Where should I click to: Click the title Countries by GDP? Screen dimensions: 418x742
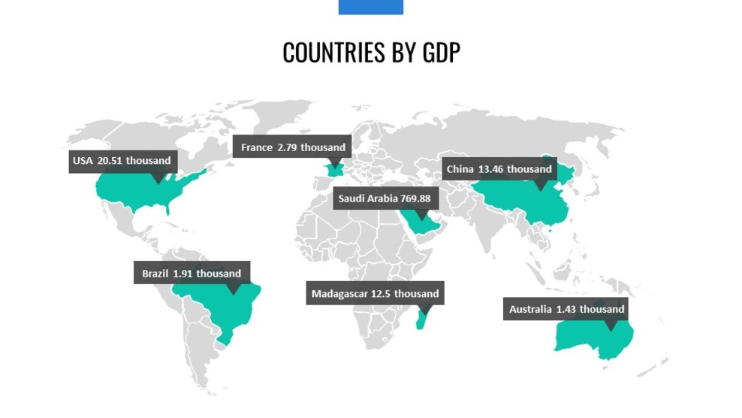click(x=371, y=53)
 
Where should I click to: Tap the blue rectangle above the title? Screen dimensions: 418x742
click(x=370, y=7)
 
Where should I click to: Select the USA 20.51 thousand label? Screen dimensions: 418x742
click(x=122, y=161)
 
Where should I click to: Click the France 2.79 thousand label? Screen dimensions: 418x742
click(x=293, y=147)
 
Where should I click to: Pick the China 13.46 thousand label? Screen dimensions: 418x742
click(x=499, y=169)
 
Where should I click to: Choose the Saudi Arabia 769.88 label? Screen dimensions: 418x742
click(x=385, y=198)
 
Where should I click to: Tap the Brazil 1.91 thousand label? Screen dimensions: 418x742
click(x=192, y=274)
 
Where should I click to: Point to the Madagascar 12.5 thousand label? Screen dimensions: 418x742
click(x=375, y=293)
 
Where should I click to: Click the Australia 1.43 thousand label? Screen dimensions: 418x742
click(x=566, y=309)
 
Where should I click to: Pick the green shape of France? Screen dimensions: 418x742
click(x=333, y=169)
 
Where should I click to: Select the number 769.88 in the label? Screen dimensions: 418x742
click(x=415, y=198)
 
